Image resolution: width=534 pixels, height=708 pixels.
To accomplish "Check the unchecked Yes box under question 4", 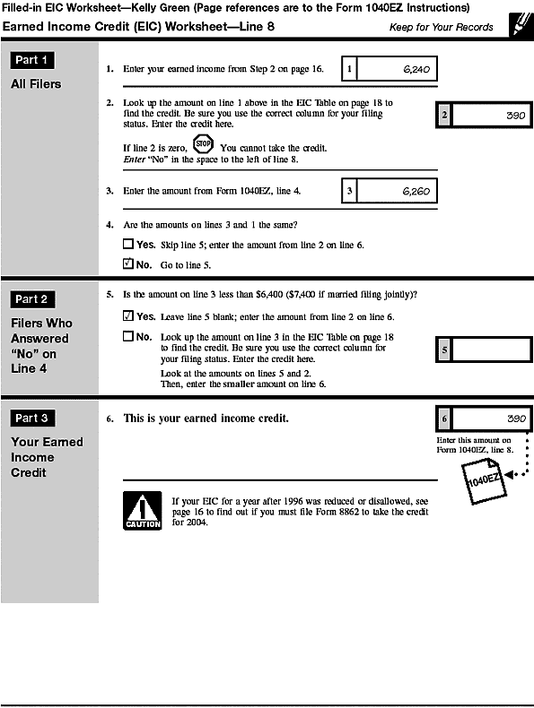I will coord(127,244).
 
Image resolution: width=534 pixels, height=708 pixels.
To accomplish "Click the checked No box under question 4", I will coord(127,264).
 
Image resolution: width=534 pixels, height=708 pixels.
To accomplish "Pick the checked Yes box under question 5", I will coord(127,316).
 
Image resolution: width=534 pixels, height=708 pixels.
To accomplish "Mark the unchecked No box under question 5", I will coord(127,337).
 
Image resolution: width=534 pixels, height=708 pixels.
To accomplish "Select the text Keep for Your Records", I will coord(441,27).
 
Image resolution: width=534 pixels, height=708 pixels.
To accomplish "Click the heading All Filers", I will coord(36,84).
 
